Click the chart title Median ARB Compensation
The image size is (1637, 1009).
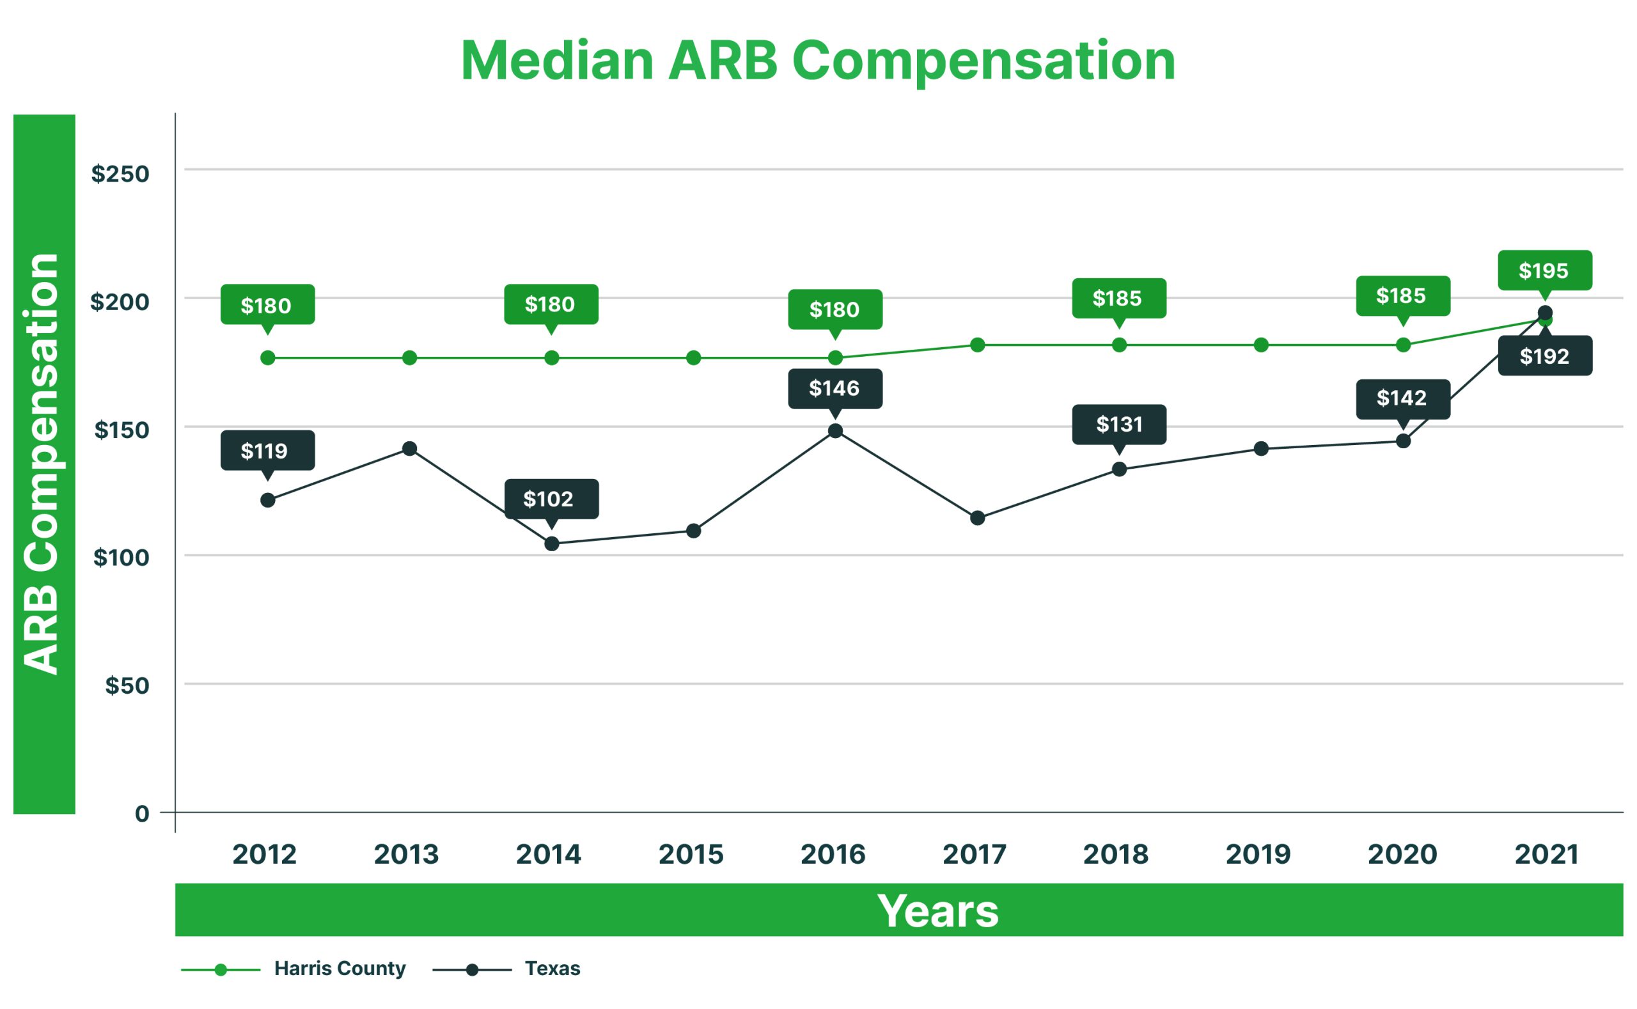817,61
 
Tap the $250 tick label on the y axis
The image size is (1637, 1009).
120,173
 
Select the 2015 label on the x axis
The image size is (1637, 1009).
691,854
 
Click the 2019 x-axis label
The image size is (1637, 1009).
1258,854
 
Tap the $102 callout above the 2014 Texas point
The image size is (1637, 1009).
551,499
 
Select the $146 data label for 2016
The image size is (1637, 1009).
834,388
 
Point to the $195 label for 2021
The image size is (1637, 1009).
1544,270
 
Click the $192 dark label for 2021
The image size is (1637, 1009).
1544,356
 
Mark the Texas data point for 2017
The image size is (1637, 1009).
977,518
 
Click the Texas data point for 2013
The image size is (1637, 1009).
410,448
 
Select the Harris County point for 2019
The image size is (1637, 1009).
1260,345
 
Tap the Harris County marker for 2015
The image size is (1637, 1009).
693,357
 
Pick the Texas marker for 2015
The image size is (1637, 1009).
693,531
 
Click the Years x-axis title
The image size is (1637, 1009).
937,911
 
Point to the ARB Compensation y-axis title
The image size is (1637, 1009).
42,464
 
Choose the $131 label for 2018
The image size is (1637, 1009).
1118,424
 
